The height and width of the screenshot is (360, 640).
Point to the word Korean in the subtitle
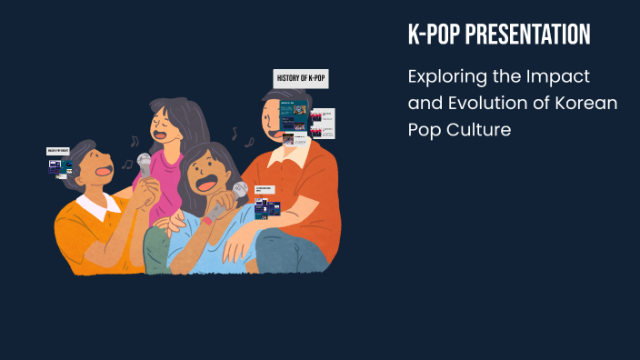tap(586, 103)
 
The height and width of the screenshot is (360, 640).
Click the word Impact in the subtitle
tap(564, 75)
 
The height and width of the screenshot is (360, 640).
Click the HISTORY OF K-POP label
tap(301, 79)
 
